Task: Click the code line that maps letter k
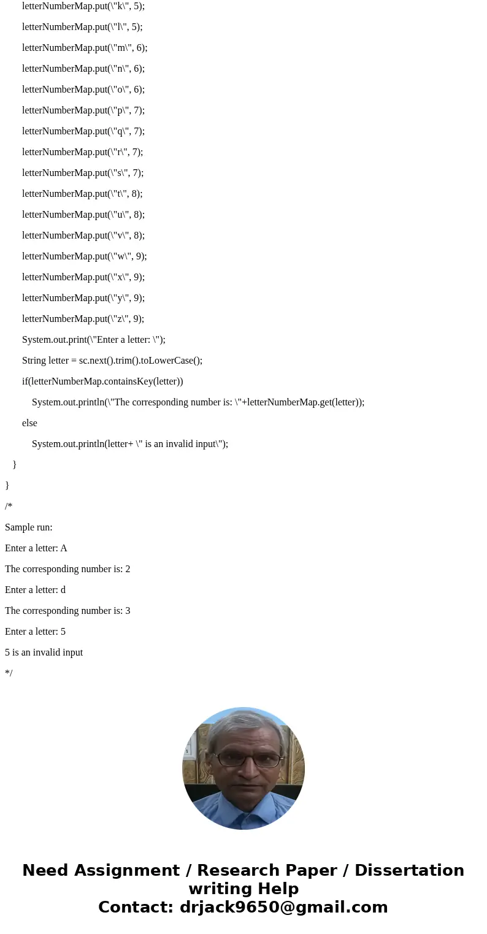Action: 83,6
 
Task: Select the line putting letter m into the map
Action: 85,48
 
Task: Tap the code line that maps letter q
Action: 83,131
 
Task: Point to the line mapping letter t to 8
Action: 82,194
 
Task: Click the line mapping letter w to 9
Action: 85,256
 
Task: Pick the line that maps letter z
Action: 83,319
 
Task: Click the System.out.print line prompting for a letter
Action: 94,340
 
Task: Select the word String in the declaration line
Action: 34,361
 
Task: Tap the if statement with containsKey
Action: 102,381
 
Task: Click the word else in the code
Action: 29,423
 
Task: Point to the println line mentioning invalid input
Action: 130,444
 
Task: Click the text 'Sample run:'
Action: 29,527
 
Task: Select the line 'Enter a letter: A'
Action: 36,548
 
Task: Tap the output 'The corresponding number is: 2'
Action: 67,569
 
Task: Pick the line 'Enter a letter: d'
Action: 35,590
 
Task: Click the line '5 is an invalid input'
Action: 44,653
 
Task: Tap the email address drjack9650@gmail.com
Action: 283,907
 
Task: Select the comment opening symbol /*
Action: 9,507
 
